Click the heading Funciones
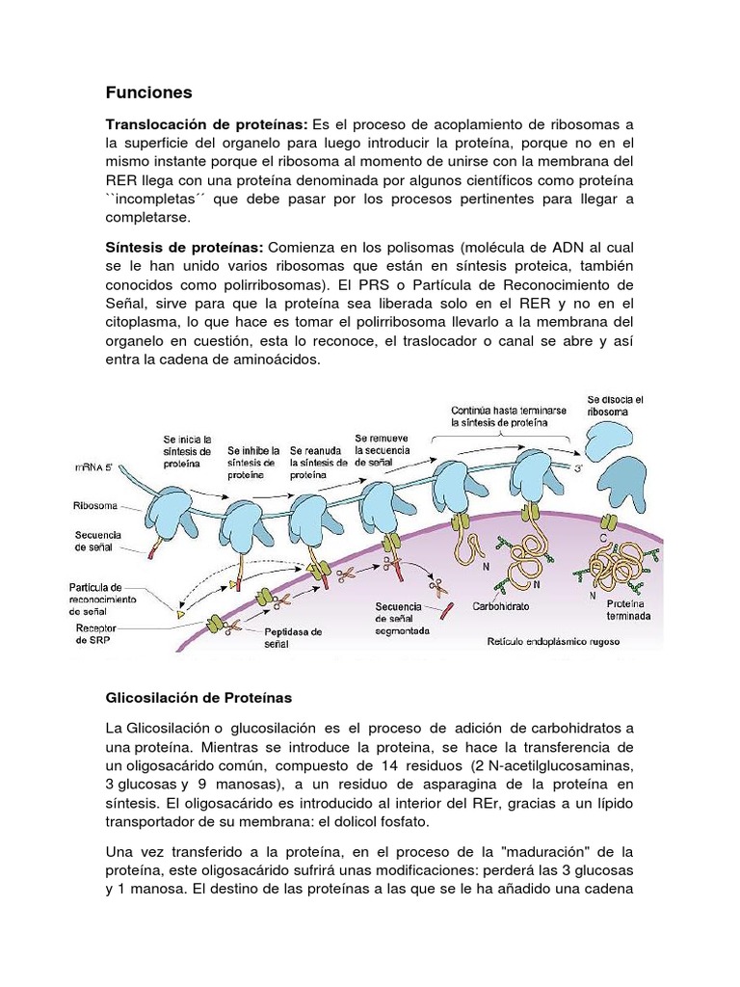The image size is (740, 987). pyautogui.click(x=148, y=93)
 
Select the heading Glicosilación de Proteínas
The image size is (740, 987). pyautogui.click(x=198, y=696)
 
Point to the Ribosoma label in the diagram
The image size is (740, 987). pyautogui.click(x=94, y=504)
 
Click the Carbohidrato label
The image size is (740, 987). pyautogui.click(x=503, y=608)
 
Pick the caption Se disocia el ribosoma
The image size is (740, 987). pyautogui.click(x=614, y=405)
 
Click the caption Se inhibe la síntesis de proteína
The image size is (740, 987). pyautogui.click(x=253, y=462)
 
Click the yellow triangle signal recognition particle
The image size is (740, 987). pyautogui.click(x=178, y=611)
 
